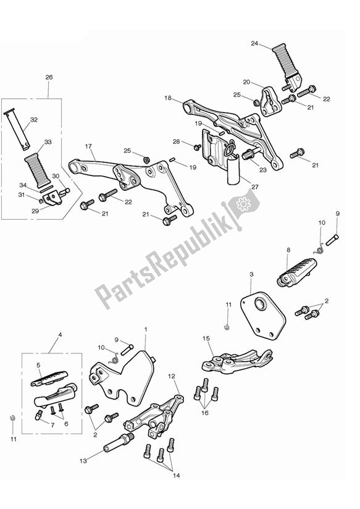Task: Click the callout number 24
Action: click(x=254, y=43)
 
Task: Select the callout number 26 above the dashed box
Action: click(x=49, y=77)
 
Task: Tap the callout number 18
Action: click(x=168, y=98)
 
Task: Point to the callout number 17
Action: click(x=88, y=146)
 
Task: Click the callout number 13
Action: click(x=83, y=461)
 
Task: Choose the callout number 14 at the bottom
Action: click(x=176, y=476)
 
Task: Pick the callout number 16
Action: click(x=205, y=413)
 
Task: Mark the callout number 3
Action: click(x=251, y=274)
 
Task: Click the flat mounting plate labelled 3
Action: click(x=263, y=316)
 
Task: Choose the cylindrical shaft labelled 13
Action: click(x=119, y=442)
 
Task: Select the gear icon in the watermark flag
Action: click(x=242, y=204)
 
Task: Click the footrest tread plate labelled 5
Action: click(x=49, y=378)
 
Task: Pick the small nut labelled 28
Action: click(x=197, y=148)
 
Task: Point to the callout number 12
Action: click(x=172, y=376)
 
